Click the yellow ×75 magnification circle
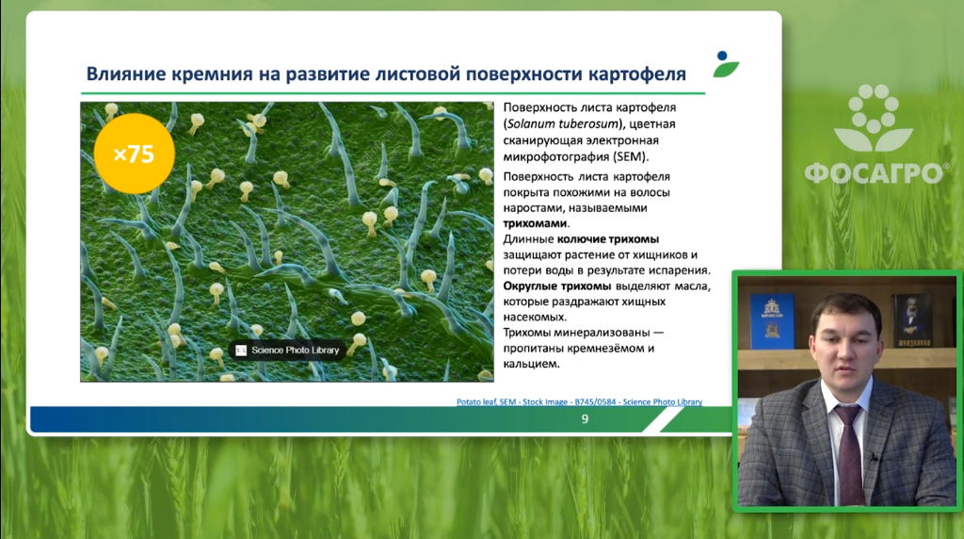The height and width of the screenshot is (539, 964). (134, 154)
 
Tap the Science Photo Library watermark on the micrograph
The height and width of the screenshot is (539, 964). (287, 351)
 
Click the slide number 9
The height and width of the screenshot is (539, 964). (585, 419)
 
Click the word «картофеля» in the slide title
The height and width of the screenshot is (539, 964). (637, 73)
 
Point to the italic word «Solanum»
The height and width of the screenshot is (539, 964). (531, 123)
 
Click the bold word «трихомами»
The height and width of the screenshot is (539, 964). (535, 223)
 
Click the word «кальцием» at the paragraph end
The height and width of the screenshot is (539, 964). (531, 364)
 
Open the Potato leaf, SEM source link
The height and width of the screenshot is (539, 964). (579, 401)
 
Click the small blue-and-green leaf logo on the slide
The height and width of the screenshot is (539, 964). (726, 64)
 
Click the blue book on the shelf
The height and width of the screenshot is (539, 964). (772, 321)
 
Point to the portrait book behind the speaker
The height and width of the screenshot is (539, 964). (911, 320)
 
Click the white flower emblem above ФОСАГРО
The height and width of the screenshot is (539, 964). (874, 118)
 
